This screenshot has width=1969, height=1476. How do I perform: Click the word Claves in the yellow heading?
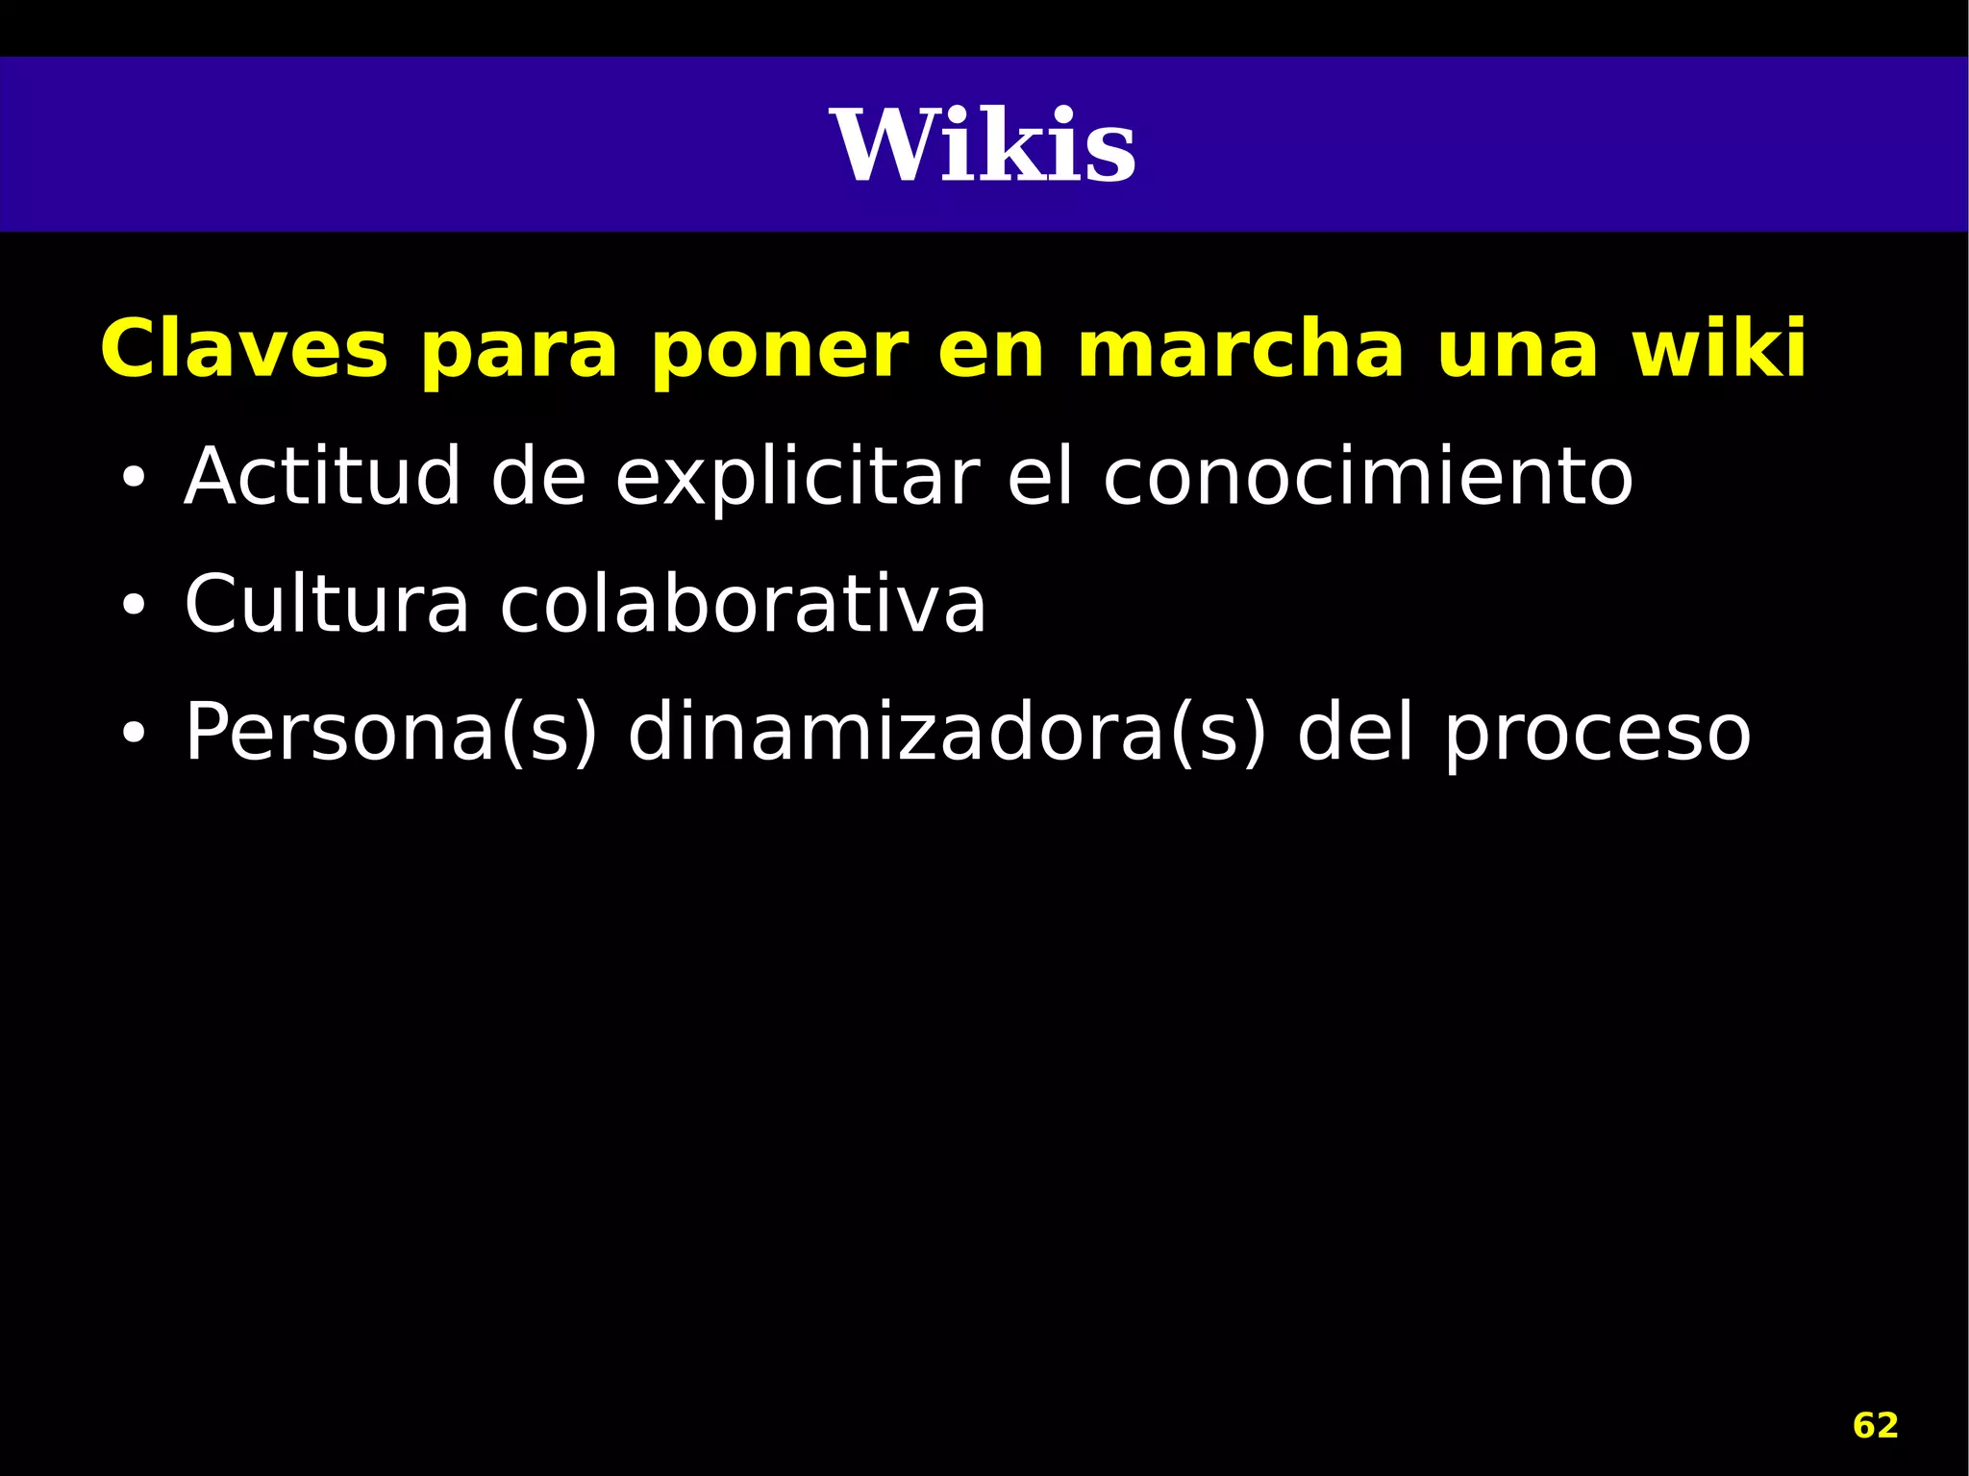(x=244, y=349)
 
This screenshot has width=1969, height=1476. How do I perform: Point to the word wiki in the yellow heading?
(x=1719, y=347)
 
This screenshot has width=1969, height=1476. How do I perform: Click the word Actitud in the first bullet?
(x=322, y=476)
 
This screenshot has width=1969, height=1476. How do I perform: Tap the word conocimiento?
(x=1367, y=476)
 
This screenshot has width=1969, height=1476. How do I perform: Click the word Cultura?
(x=326, y=604)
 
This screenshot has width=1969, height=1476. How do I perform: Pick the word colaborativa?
(x=742, y=604)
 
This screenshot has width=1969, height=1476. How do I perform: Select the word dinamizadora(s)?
(x=947, y=734)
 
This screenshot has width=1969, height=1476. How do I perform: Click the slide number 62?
(x=1875, y=1425)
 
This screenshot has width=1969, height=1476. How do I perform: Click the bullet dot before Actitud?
(x=133, y=478)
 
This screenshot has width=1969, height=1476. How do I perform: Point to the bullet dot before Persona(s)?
(x=133, y=734)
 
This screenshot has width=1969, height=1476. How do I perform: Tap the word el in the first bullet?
(x=1039, y=476)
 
